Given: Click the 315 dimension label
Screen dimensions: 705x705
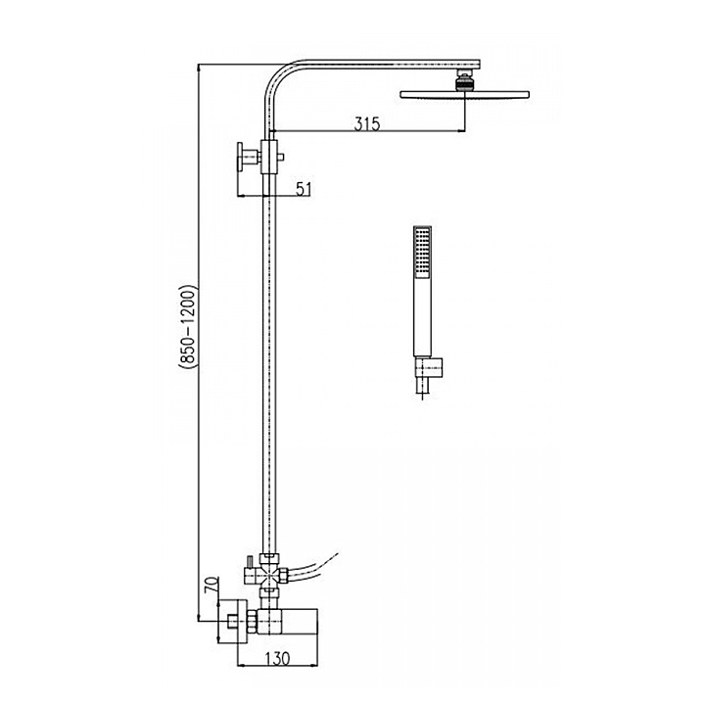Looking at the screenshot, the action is pos(367,123).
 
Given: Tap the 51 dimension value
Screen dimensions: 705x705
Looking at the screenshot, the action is pos(304,189).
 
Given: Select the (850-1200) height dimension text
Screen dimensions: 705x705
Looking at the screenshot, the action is pos(188,327).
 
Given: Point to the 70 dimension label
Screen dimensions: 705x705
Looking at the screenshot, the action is pos(212,585).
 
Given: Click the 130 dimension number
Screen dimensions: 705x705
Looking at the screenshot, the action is pos(277,659).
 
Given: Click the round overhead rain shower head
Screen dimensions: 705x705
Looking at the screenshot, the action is pos(464,94).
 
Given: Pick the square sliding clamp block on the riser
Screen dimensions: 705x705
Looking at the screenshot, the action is pos(269,157).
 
